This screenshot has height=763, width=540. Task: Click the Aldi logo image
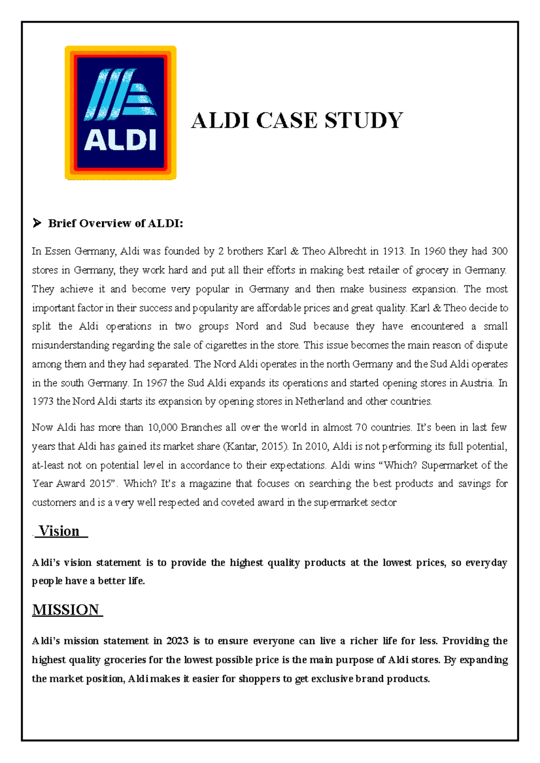(121, 113)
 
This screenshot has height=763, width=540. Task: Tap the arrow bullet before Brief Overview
(37, 223)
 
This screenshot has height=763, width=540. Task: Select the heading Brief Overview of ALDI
(116, 223)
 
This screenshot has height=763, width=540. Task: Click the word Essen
(58, 251)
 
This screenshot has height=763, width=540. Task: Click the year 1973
(43, 401)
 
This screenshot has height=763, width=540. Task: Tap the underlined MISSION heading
(66, 610)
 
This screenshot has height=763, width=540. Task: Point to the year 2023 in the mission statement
(177, 641)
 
